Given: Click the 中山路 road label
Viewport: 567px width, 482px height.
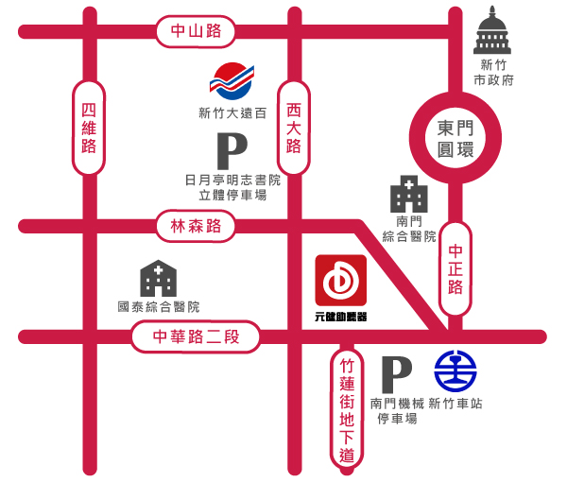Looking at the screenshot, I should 196,31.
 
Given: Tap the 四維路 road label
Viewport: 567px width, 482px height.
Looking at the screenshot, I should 89,128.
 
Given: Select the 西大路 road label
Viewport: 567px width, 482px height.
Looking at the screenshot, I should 294,128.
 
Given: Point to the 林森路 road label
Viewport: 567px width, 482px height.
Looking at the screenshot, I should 196,226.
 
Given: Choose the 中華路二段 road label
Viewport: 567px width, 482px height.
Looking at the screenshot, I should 196,336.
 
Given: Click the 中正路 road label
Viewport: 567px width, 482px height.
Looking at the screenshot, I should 455,268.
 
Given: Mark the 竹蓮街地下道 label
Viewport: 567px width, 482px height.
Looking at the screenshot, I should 347,409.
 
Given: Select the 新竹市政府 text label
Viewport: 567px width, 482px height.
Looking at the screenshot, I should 493,73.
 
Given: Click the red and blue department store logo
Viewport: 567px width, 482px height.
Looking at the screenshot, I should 232,80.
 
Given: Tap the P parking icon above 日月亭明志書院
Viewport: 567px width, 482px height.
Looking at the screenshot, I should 231,151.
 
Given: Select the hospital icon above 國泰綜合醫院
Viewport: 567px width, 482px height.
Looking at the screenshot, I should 158,278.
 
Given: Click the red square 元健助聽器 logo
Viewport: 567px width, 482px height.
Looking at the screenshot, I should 340,281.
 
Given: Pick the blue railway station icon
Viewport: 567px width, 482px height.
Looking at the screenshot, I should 455,371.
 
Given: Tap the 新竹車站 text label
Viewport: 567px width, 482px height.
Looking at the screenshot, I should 455,404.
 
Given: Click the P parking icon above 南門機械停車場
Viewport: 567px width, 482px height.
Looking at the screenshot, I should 396,374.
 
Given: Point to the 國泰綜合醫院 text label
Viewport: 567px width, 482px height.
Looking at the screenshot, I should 158,307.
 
